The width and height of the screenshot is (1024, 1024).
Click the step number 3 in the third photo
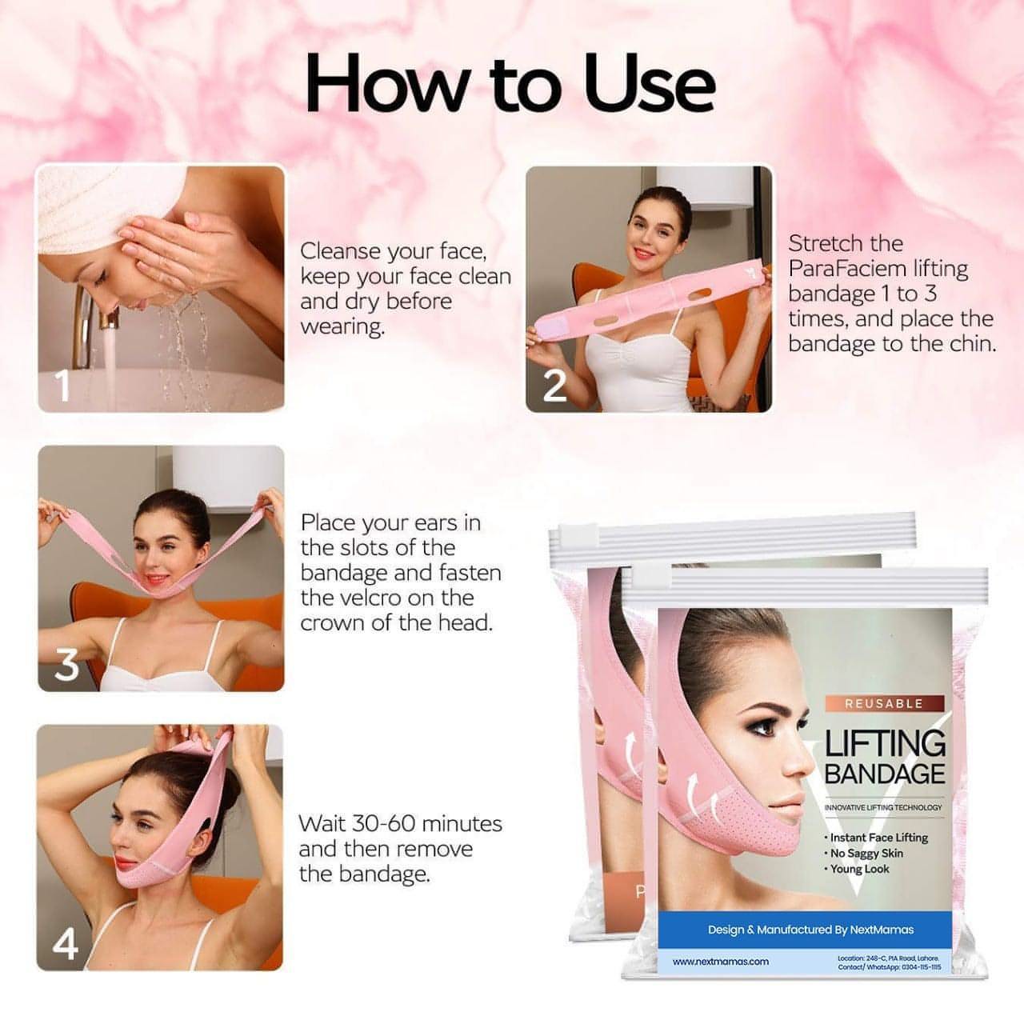click(66, 664)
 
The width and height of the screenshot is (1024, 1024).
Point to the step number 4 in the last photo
click(65, 945)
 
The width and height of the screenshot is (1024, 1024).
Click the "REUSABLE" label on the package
click(884, 704)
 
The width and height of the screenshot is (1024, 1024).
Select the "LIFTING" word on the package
click(885, 744)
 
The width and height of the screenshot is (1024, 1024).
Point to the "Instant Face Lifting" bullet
click(878, 838)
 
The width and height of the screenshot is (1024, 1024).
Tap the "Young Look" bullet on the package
click(858, 869)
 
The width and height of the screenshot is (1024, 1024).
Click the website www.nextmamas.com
click(720, 962)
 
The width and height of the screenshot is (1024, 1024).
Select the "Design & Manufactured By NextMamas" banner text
click(810, 930)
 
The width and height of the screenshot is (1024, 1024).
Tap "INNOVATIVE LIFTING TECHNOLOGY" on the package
click(883, 807)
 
